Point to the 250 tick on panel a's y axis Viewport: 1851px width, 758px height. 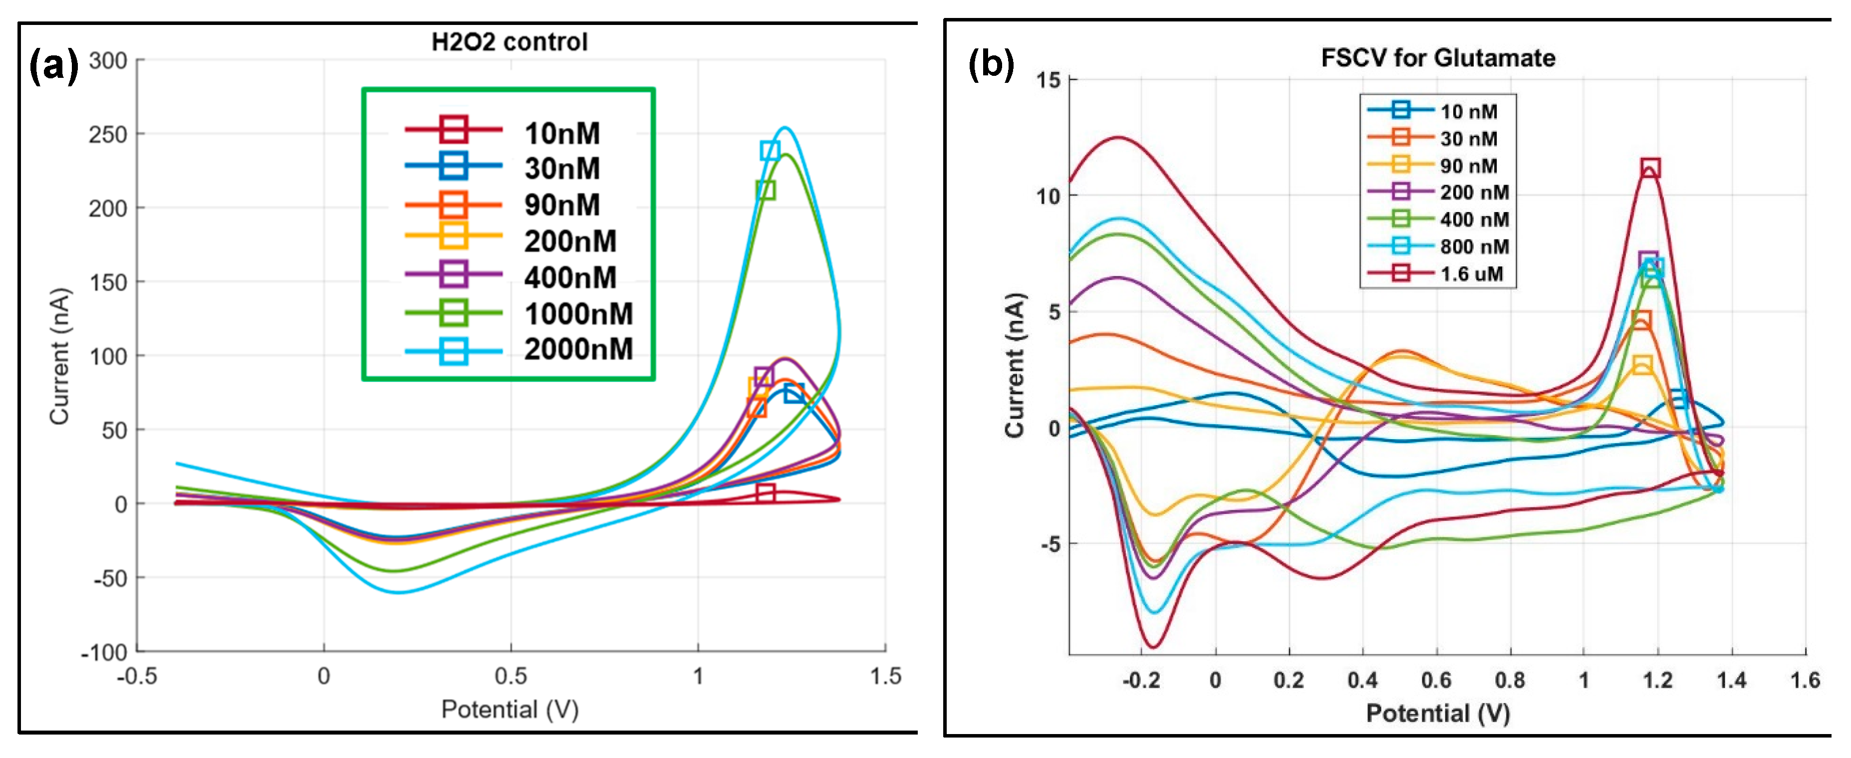pyautogui.click(x=108, y=134)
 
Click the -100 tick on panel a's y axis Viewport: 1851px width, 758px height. pyautogui.click(x=104, y=652)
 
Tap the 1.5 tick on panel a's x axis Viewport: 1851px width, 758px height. pyautogui.click(x=885, y=676)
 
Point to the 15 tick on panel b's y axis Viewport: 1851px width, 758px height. pyautogui.click(x=1049, y=80)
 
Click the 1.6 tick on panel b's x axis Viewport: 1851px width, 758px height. pyautogui.click(x=1805, y=680)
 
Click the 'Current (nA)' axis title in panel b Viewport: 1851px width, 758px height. pyautogui.click(x=1014, y=365)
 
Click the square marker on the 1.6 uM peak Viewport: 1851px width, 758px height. pyautogui.click(x=1650, y=168)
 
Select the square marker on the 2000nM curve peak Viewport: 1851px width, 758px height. pyautogui.click(x=770, y=150)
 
